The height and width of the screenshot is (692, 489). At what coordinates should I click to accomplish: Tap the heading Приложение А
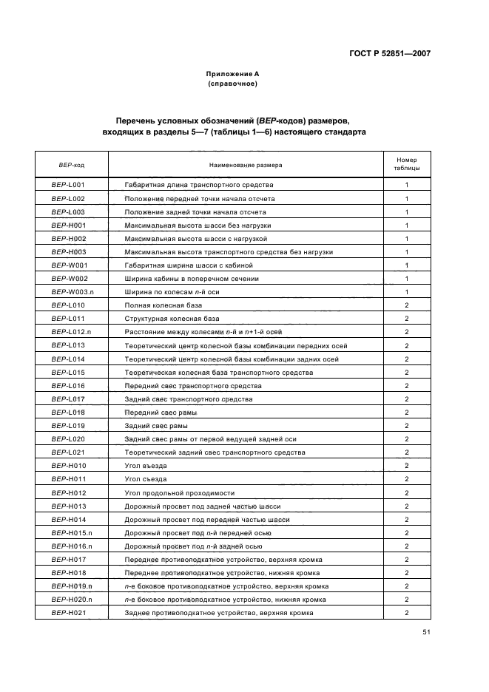pos(232,74)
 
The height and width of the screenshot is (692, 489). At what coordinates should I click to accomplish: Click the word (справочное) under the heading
pos(232,84)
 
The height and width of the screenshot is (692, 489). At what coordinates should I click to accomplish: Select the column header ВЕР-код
pos(71,165)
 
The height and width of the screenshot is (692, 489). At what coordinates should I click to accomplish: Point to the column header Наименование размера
pos(246,165)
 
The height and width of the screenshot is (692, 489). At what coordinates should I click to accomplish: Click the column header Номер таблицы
pos(407,164)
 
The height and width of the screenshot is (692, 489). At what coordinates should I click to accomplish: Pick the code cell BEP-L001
pos(68,185)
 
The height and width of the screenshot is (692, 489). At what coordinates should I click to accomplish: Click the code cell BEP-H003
pos(68,251)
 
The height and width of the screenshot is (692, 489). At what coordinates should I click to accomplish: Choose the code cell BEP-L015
pos(68,372)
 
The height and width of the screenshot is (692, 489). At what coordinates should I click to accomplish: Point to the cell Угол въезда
pos(146,466)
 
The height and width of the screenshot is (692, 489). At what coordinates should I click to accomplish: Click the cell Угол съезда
pos(146,479)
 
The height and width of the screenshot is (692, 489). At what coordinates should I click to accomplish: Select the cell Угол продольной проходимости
pos(180,492)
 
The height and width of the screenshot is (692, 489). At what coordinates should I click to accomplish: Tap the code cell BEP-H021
pos(68,613)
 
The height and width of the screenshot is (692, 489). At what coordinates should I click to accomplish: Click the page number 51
pos(426,632)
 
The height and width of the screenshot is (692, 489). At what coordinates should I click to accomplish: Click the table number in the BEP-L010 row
pos(407,305)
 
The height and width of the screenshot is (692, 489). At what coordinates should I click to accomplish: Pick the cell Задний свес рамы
pos(156,426)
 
